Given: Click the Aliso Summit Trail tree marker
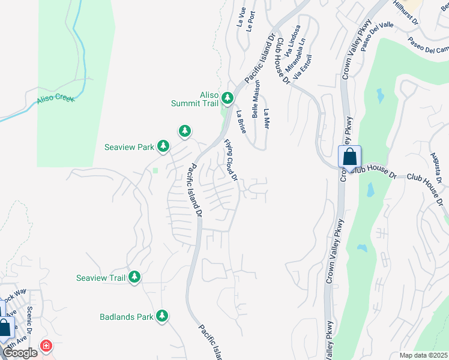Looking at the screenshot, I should tap(227, 97).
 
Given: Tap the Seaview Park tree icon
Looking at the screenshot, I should tap(163, 146).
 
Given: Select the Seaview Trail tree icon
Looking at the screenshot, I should tap(135, 277).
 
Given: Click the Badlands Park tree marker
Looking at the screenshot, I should tap(161, 316).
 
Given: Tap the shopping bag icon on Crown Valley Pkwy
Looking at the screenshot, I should tap(349, 158).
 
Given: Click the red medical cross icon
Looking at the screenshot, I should tap(46, 346).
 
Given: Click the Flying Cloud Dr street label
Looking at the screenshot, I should tap(231, 160).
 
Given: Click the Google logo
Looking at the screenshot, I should tap(20, 353).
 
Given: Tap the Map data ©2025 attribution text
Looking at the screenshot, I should tap(423, 355).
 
